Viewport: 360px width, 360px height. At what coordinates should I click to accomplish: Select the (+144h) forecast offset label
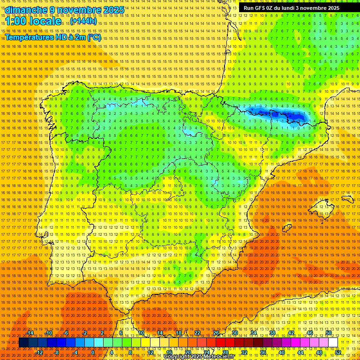coord(84,21)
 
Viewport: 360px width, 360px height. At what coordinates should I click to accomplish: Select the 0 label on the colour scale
coord(93,352)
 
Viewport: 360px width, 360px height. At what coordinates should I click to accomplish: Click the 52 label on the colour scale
coord(337,352)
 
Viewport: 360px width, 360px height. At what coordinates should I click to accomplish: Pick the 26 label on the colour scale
coord(216,333)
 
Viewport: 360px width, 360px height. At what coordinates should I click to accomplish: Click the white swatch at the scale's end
coord(333,343)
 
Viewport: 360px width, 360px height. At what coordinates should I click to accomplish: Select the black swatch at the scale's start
coord(23,343)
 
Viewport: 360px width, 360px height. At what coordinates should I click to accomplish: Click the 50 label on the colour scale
coord(328,333)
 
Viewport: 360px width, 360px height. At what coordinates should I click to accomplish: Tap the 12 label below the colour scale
coord(150,352)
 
